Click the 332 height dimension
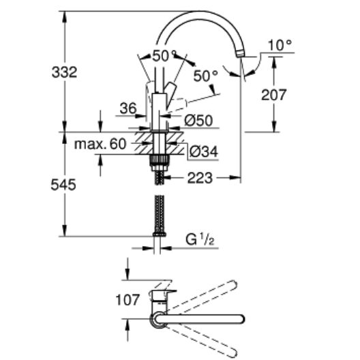tap(64, 72)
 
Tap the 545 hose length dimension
tap(63, 185)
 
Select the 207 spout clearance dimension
tap(274, 95)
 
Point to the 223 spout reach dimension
tap(200, 178)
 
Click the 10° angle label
tap(280, 45)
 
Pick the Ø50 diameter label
tap(198, 120)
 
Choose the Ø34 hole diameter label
tap(204, 151)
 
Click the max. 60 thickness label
tap(100, 144)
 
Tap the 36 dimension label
tap(128, 108)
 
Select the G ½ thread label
tap(200, 239)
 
